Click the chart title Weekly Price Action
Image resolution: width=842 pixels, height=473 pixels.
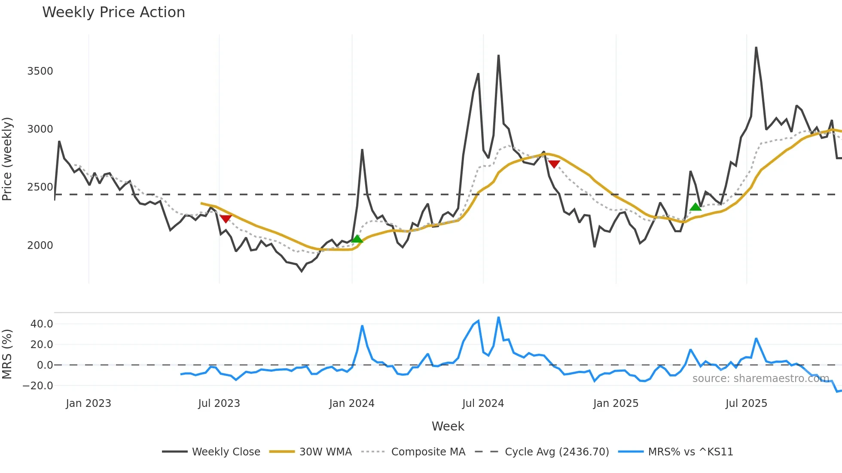coord(113,12)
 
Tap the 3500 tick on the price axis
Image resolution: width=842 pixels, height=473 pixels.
coord(40,71)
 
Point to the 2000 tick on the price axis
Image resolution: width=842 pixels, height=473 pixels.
coord(40,245)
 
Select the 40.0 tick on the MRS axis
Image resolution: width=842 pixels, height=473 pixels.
coord(42,324)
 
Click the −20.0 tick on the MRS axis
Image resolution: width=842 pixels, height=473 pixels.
coord(38,385)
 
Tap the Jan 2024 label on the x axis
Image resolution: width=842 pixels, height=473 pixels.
coord(351,403)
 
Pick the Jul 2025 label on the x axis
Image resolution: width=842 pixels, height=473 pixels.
coord(746,403)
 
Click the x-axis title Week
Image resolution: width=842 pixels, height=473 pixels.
coord(448,426)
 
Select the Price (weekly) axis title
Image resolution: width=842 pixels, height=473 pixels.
coord(7,159)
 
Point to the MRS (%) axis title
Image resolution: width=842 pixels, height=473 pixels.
coord(7,354)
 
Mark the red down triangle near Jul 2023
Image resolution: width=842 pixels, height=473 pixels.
coord(226,219)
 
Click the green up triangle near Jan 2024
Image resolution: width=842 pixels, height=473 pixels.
coord(357,239)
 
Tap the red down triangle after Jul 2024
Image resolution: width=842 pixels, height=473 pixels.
coord(554,164)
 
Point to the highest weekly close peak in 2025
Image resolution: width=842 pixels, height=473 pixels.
coord(756,48)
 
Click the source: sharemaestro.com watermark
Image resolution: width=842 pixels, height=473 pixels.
coord(760,378)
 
